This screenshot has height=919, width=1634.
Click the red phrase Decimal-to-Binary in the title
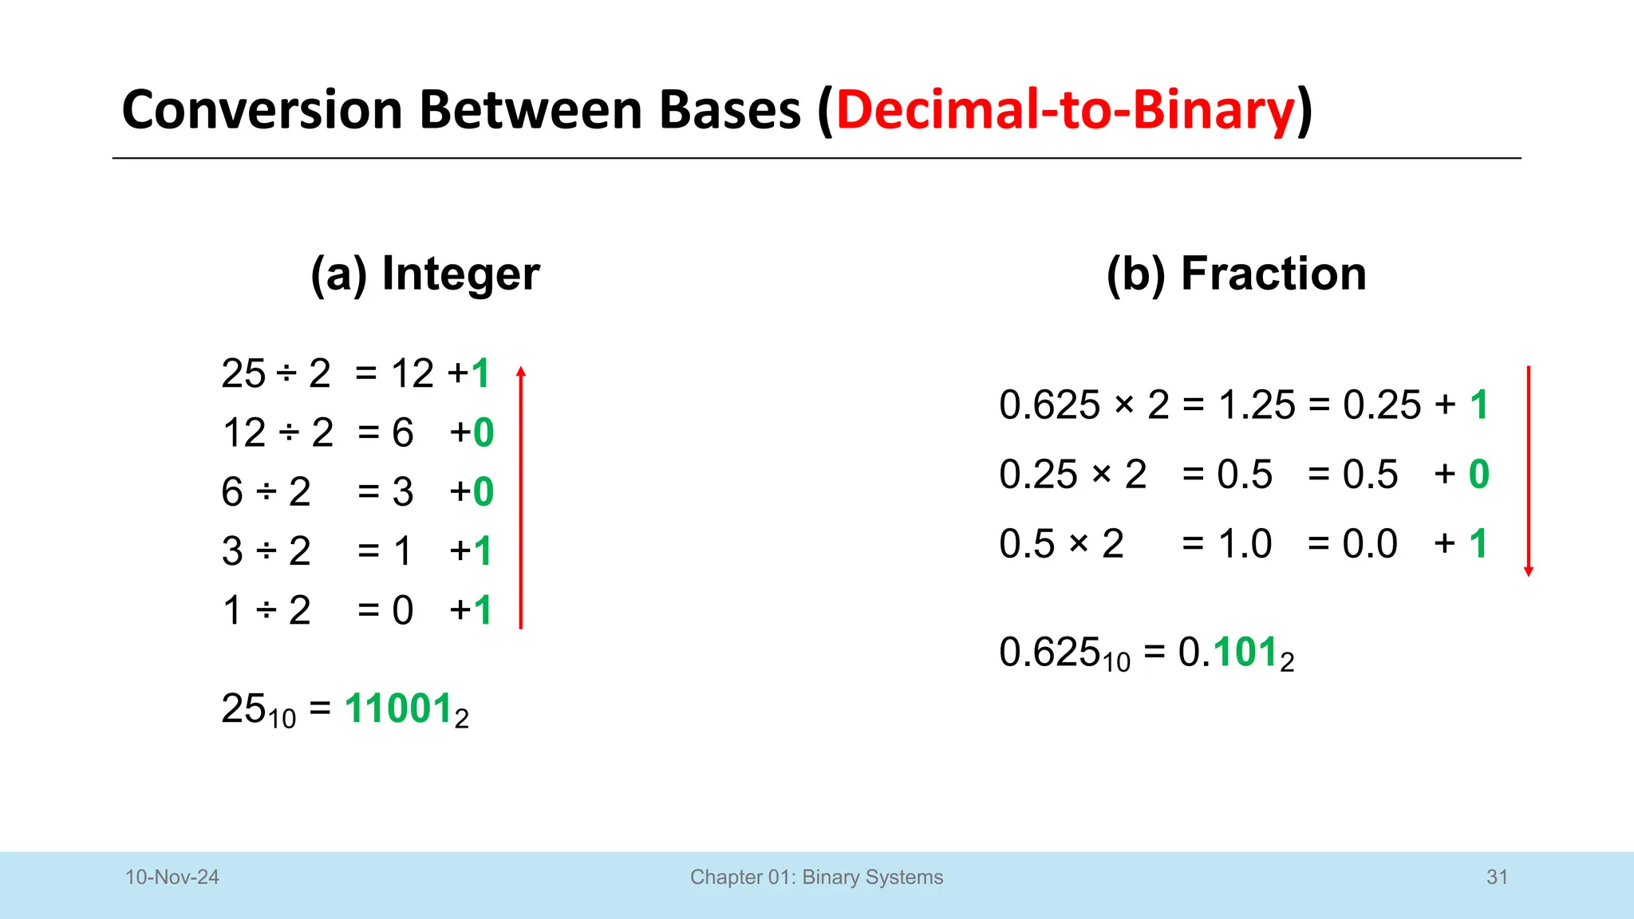pos(1065,110)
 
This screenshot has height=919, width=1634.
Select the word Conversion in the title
pos(262,110)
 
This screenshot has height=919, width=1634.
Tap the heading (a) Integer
pos(424,274)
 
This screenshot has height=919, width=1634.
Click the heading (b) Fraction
pos(1236,274)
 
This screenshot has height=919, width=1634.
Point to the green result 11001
pos(398,708)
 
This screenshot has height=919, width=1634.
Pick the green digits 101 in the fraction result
pos(1245,652)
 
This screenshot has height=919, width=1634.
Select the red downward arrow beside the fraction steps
pos(1528,471)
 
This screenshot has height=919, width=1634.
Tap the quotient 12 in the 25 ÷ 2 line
pos(412,373)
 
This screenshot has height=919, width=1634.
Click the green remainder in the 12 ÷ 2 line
pos(483,432)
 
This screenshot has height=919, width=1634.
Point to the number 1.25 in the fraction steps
pos(1257,405)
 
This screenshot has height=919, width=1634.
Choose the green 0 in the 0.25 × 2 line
pos(1478,475)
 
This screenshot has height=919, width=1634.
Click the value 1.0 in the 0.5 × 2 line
pos(1245,544)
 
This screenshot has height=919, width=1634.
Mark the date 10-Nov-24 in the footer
pos(172,877)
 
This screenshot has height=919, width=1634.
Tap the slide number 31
pos(1497,877)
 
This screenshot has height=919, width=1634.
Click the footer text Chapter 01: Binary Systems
pos(816,877)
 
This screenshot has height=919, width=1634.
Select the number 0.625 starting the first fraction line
pos(1049,405)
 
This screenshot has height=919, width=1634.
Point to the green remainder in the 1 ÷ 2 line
pos(482,610)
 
